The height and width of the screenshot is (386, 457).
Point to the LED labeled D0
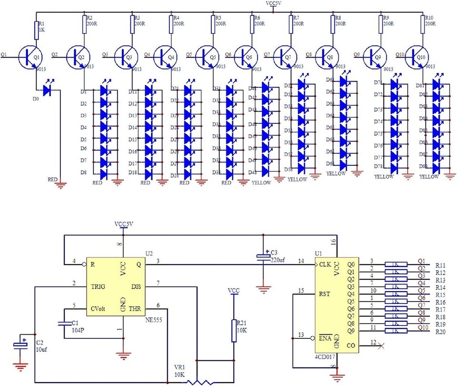pyautogui.click(x=47, y=90)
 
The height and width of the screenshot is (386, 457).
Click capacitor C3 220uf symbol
pyautogui.click(x=263, y=257)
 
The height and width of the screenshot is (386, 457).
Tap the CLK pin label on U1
pyautogui.click(x=326, y=263)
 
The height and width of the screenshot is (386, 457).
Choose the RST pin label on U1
pyautogui.click(x=325, y=294)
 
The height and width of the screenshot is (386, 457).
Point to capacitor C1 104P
pyautogui.click(x=64, y=325)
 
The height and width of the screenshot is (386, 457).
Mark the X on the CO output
pyautogui.click(x=380, y=346)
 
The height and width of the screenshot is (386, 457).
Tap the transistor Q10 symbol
pyautogui.click(x=418, y=56)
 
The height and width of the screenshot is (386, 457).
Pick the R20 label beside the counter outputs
pyautogui.click(x=440, y=332)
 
